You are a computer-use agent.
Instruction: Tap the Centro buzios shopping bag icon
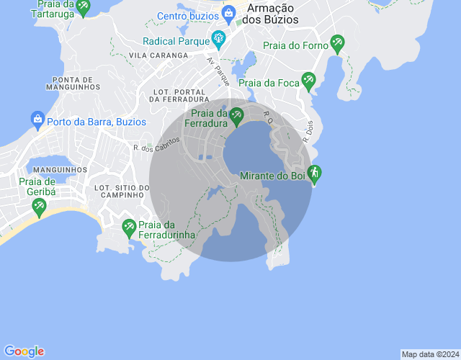[228, 12]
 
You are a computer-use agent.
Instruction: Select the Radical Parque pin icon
[218, 37]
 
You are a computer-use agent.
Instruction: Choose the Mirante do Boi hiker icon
[313, 173]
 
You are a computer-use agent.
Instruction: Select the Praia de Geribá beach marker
[40, 207]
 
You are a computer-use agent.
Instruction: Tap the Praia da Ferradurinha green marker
[129, 227]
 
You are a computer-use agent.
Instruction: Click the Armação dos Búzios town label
[272, 14]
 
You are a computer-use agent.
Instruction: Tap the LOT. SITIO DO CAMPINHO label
[122, 191]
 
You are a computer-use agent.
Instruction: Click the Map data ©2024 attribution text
[429, 354]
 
